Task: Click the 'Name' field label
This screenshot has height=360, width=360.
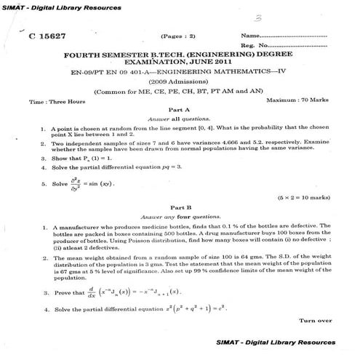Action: point(249,35)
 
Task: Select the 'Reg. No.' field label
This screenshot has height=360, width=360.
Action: point(255,45)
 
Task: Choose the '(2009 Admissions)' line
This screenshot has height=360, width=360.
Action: point(180,84)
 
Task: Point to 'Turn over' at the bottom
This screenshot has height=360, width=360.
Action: point(316,321)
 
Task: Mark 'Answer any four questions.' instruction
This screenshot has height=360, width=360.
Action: point(180,217)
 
